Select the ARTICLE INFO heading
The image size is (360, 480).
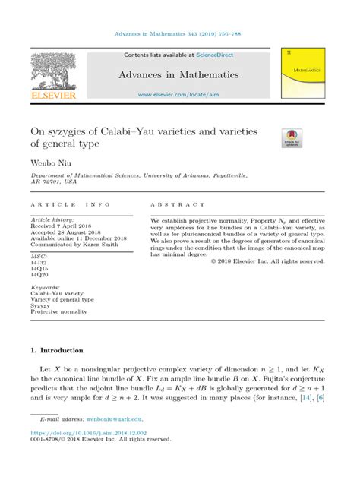coord(70,205)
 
